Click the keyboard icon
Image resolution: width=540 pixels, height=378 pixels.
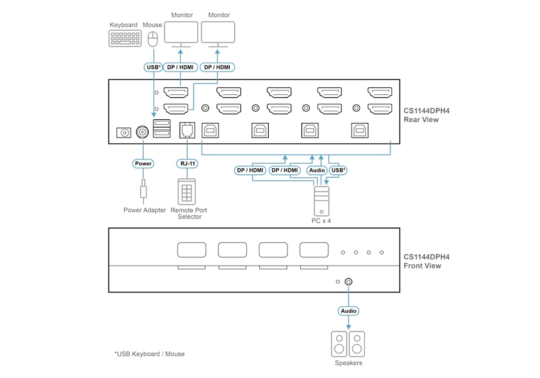[125, 38]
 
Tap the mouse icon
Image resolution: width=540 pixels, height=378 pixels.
[153, 40]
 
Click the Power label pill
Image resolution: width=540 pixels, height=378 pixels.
[143, 164]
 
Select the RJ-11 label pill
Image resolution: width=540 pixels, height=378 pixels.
[187, 164]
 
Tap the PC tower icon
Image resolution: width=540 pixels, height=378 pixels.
[321, 200]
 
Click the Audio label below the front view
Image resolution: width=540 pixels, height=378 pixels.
[348, 311]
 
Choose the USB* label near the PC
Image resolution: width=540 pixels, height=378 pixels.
[338, 170]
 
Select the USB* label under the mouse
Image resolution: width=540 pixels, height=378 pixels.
[153, 67]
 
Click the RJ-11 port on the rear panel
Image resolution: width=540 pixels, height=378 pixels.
[187, 129]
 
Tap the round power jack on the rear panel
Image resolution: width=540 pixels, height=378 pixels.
[143, 132]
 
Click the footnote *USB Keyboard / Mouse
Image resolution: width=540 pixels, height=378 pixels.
[149, 354]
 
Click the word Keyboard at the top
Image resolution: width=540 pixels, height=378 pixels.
[124, 25]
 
